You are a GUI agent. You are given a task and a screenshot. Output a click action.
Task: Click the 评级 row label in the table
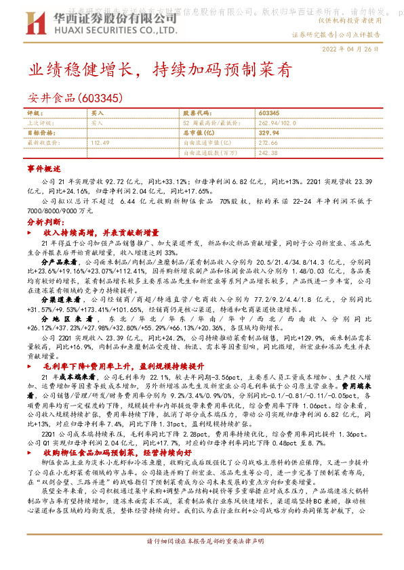34,112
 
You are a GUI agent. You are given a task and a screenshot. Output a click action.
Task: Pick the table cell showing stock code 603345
269,112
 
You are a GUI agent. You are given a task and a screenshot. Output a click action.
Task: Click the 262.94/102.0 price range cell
277,123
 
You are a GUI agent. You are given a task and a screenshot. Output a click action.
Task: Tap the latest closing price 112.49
100,144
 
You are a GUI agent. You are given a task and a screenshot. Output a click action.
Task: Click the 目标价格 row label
39,133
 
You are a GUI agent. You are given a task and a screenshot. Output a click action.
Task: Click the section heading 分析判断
45,221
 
